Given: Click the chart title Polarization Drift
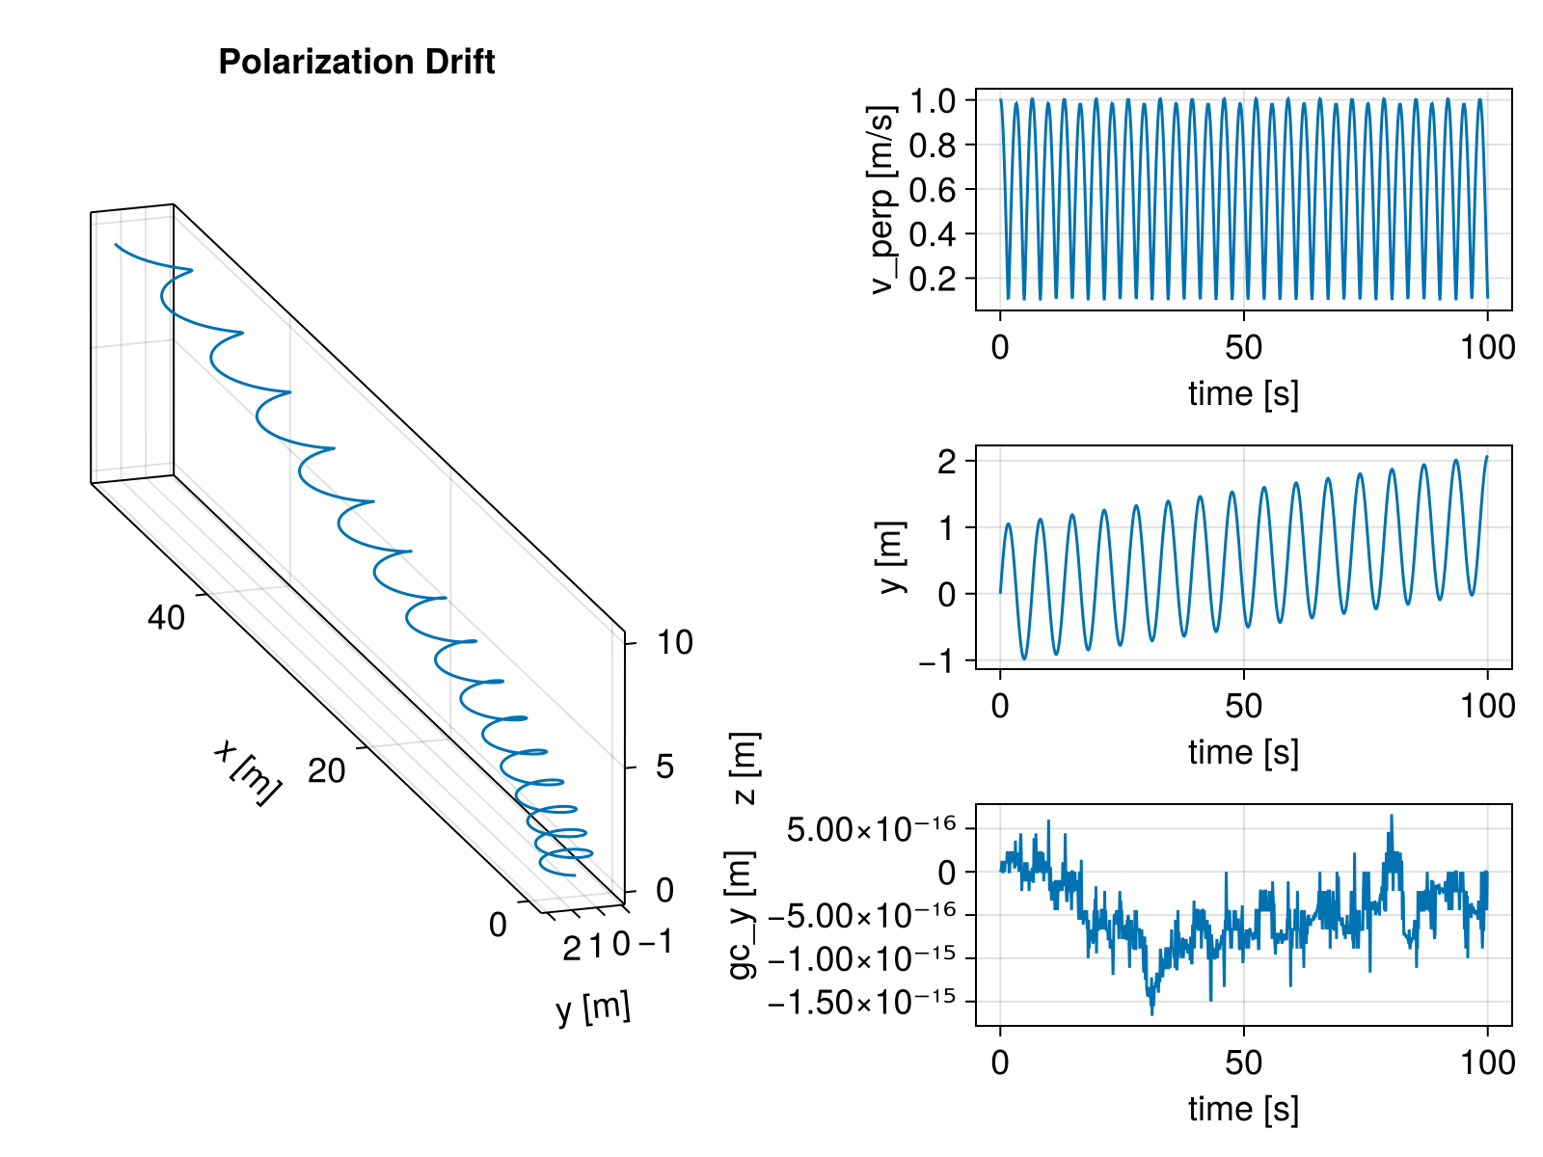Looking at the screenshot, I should pyautogui.click(x=357, y=63).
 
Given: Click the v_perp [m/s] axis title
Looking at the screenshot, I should pyautogui.click(x=883, y=200).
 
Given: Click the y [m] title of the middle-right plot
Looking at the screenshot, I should pyautogui.click(x=893, y=557).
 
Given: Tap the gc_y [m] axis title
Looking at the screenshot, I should pyautogui.click(x=742, y=914).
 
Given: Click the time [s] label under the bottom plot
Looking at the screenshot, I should pyautogui.click(x=1243, y=1109).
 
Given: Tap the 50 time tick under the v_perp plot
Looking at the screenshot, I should pyautogui.click(x=1243, y=347).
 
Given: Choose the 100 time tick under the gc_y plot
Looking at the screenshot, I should pyautogui.click(x=1487, y=1063).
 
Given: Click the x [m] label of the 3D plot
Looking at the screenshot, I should pyautogui.click(x=247, y=771).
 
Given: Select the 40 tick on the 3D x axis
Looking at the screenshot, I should pyautogui.click(x=166, y=618).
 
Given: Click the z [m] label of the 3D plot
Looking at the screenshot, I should pyautogui.click(x=745, y=767).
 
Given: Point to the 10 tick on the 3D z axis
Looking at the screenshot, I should pyautogui.click(x=674, y=643).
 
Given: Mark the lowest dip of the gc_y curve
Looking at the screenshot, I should pyautogui.click(x=1151, y=1013).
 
